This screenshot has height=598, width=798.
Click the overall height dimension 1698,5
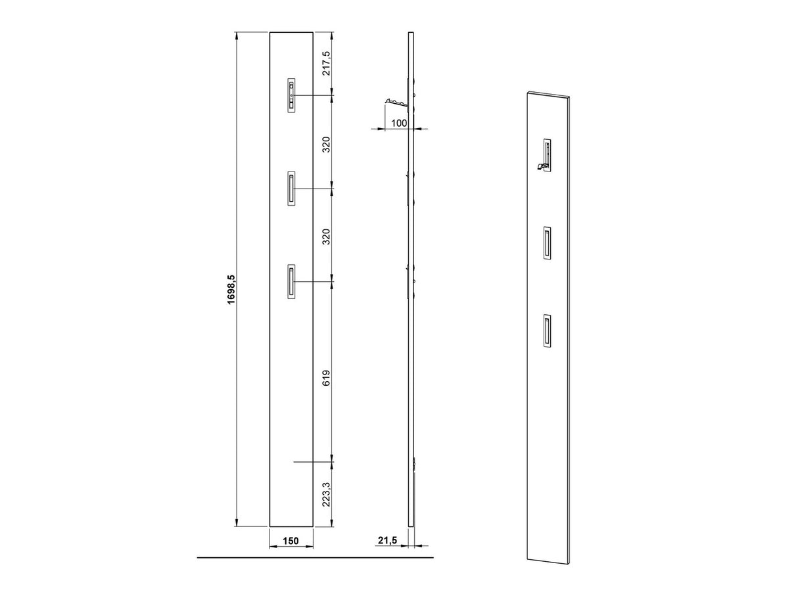(x=231, y=279)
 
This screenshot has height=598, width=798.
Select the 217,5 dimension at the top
(x=327, y=63)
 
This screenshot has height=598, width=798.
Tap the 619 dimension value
(x=327, y=378)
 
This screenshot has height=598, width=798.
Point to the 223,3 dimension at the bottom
(x=327, y=494)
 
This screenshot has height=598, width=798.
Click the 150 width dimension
(x=291, y=551)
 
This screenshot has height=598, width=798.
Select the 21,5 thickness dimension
(x=387, y=551)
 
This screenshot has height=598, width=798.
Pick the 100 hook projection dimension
(x=399, y=123)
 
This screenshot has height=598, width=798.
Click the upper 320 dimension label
(x=327, y=145)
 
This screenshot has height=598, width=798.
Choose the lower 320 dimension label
(x=327, y=237)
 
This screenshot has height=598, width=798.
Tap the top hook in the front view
(x=291, y=95)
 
